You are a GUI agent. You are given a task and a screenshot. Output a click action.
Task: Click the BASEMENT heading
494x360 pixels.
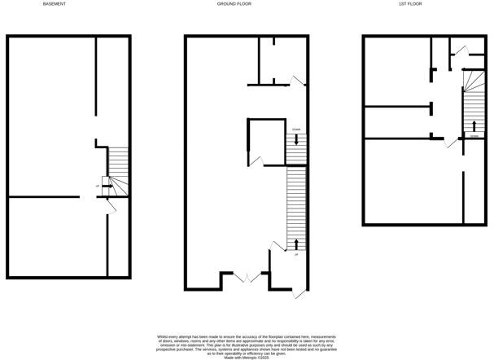pos(55,4)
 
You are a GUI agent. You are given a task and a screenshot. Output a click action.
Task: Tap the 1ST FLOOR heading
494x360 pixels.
pos(409,4)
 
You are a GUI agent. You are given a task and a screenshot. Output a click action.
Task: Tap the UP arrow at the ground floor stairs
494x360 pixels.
pos(296,243)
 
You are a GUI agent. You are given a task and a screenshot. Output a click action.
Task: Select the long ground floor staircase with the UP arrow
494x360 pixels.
pos(295,208)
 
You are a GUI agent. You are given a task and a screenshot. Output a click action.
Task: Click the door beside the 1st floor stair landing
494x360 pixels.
pos(449,142)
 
